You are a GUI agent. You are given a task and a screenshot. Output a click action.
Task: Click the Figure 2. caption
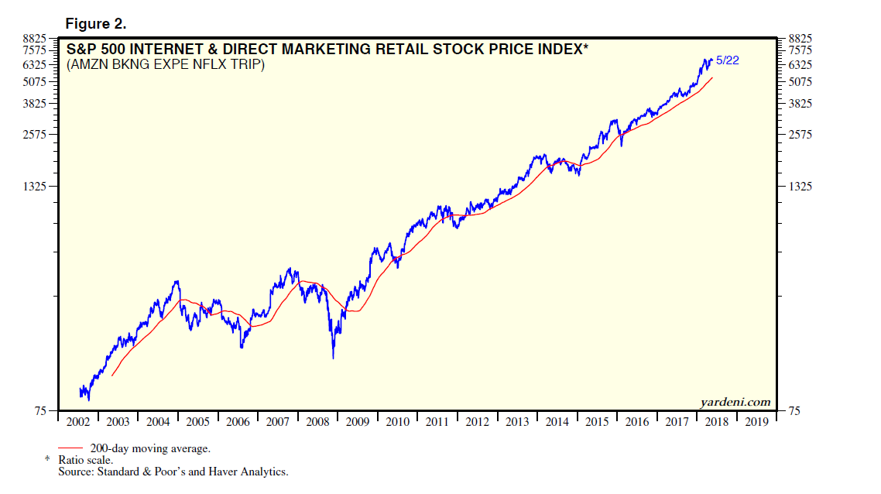click(x=96, y=23)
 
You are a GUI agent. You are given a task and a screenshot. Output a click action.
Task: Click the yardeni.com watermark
click(x=735, y=401)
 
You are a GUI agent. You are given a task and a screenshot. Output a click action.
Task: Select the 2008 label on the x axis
click(x=317, y=423)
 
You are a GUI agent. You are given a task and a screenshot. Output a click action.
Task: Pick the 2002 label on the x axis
click(x=77, y=423)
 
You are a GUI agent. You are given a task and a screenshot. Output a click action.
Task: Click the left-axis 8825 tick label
click(x=35, y=37)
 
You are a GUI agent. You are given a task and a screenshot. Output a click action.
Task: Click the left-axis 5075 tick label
click(x=35, y=81)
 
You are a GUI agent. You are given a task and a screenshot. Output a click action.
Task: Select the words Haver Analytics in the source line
click(x=252, y=472)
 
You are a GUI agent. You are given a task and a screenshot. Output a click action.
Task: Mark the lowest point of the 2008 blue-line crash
click(x=333, y=358)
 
